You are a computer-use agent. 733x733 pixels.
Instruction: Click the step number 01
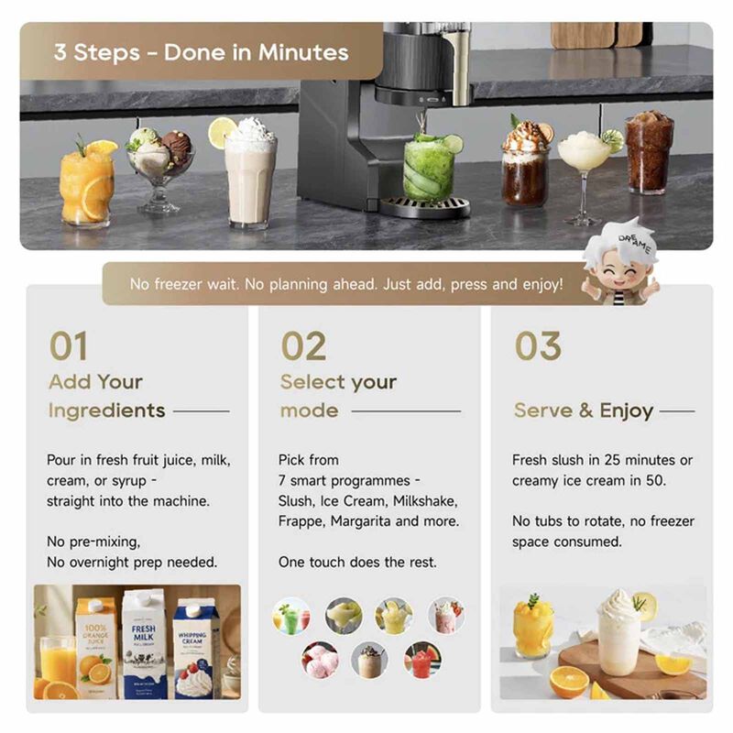click(68, 346)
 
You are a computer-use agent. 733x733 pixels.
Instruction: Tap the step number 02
click(303, 346)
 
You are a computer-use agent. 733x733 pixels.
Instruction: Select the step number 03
click(538, 346)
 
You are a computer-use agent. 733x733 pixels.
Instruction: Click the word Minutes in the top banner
click(303, 52)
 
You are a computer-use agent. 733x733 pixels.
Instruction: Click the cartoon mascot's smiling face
click(618, 272)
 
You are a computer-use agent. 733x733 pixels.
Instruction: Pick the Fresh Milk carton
click(144, 644)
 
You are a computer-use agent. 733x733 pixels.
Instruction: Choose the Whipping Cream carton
click(194, 649)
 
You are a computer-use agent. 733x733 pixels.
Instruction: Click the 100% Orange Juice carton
click(95, 649)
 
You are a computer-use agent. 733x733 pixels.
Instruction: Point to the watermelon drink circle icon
click(422, 659)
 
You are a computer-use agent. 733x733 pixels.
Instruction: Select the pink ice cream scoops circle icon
click(320, 659)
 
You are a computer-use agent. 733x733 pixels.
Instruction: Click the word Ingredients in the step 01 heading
click(106, 410)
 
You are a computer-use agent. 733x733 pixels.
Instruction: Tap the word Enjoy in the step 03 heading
click(627, 410)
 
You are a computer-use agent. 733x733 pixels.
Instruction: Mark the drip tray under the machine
click(424, 207)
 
